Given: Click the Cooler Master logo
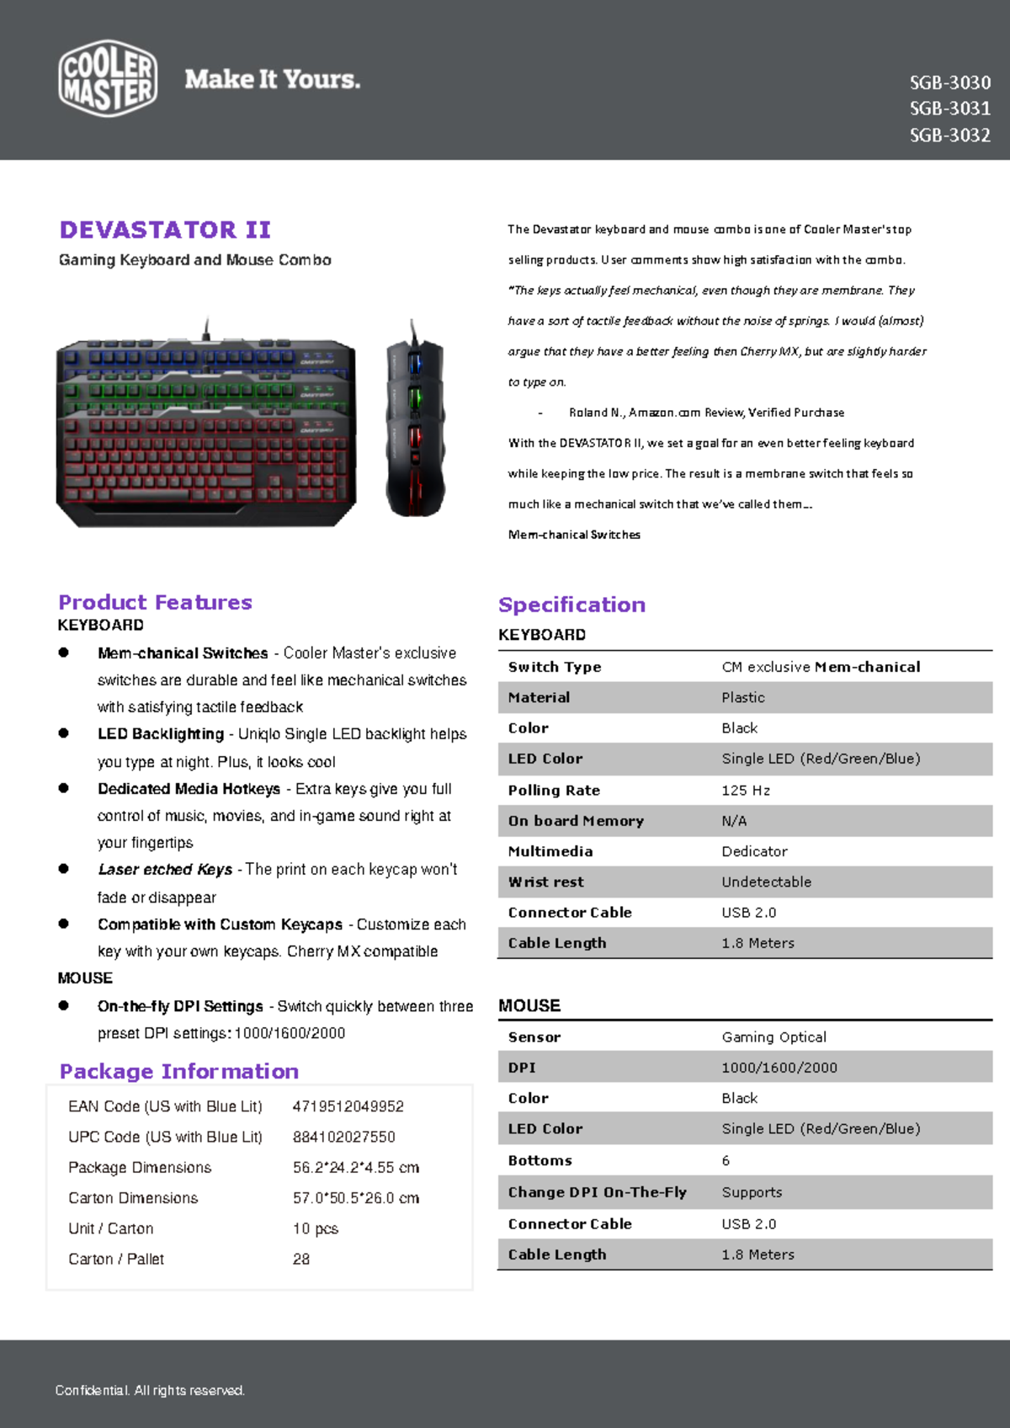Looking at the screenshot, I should click(x=108, y=78).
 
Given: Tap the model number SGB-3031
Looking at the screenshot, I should click(x=949, y=109).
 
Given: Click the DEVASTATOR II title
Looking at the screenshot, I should click(x=165, y=230).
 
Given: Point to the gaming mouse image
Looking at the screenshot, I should click(x=414, y=418).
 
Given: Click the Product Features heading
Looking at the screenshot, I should click(x=155, y=602).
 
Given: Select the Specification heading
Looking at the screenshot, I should click(x=571, y=605).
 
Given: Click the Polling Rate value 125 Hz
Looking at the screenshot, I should click(x=746, y=790).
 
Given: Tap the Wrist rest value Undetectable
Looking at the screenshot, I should click(x=766, y=882).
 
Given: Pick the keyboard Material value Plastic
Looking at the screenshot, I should click(x=742, y=697).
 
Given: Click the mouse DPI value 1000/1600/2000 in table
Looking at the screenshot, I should click(x=779, y=1068).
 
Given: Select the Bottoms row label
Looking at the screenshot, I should click(x=540, y=1160).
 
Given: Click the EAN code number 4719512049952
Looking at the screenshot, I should click(x=348, y=1106).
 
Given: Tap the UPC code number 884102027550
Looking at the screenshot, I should click(x=343, y=1137).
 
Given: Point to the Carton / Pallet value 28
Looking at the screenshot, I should click(x=300, y=1259).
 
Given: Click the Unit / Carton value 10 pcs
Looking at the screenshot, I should click(x=315, y=1228).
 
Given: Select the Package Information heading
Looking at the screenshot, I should click(x=178, y=1071).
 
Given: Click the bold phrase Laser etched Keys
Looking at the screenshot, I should click(x=165, y=869).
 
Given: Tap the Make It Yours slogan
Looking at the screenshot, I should click(x=272, y=79).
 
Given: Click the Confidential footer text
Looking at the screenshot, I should click(x=150, y=1390).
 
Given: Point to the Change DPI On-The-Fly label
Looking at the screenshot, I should click(x=597, y=1192).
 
